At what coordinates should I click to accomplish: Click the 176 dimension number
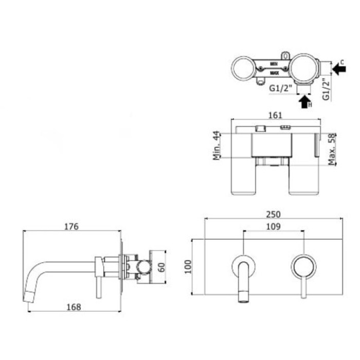(x=71, y=227)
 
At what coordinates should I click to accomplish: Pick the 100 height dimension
(x=188, y=266)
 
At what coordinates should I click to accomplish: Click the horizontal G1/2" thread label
(x=281, y=88)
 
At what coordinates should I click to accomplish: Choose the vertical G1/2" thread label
(x=326, y=88)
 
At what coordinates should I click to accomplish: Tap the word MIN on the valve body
(x=274, y=64)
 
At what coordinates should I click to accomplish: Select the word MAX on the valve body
(x=274, y=73)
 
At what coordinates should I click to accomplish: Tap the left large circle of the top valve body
(x=243, y=68)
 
